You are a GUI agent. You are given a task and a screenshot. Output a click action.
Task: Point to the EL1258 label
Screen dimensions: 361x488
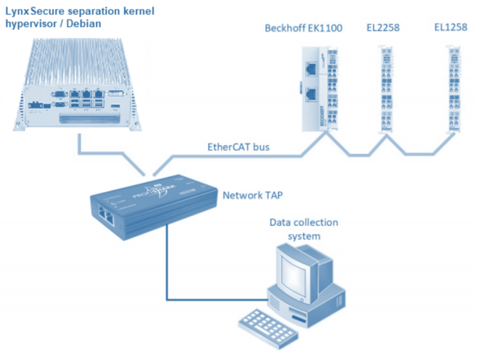point(450,28)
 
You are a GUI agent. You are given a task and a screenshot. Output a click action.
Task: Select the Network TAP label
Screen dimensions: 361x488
point(252,196)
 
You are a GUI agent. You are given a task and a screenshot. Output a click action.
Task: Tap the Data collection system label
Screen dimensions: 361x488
point(303,229)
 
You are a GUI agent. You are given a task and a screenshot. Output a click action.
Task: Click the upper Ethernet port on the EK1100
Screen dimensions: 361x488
point(311,70)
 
